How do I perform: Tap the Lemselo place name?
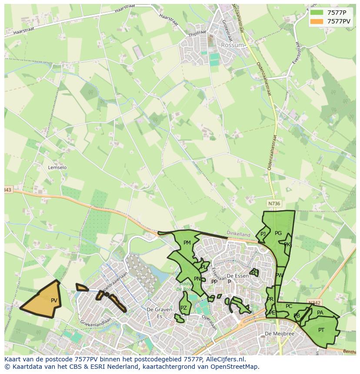[x=57, y=167]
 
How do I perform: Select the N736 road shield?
[x=274, y=203]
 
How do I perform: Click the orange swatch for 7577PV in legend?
[x=317, y=21]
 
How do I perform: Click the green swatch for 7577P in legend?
[x=317, y=13]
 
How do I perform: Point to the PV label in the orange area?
[x=54, y=300]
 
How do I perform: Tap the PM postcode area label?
[x=187, y=243]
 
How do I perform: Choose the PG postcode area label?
[x=278, y=233]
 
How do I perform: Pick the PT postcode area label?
[x=321, y=330]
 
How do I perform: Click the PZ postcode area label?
[x=183, y=308]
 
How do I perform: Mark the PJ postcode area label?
[x=263, y=234]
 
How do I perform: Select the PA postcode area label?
[x=320, y=312]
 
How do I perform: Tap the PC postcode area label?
[x=289, y=306]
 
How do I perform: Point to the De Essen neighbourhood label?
[x=237, y=276]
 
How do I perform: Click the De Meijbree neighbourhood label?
[x=280, y=334]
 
